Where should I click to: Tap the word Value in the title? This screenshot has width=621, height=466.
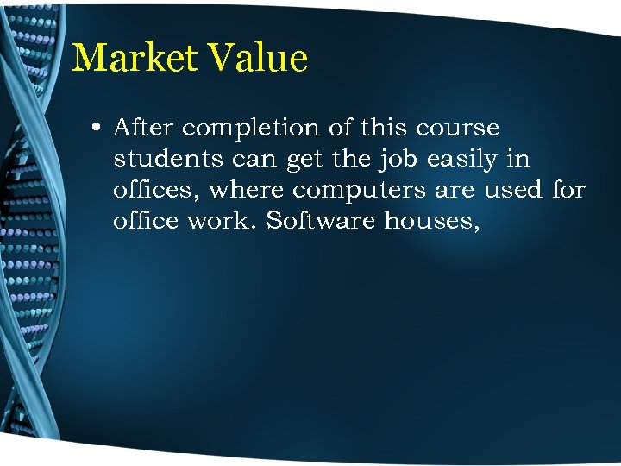(258, 59)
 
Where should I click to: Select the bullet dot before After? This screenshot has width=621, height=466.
(96, 129)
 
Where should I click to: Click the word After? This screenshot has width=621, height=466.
(144, 129)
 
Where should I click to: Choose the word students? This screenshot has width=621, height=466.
(164, 160)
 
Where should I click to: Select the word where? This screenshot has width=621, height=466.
(246, 190)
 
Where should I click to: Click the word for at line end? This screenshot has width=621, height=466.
(568, 190)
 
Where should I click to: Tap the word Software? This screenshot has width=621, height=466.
(321, 221)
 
